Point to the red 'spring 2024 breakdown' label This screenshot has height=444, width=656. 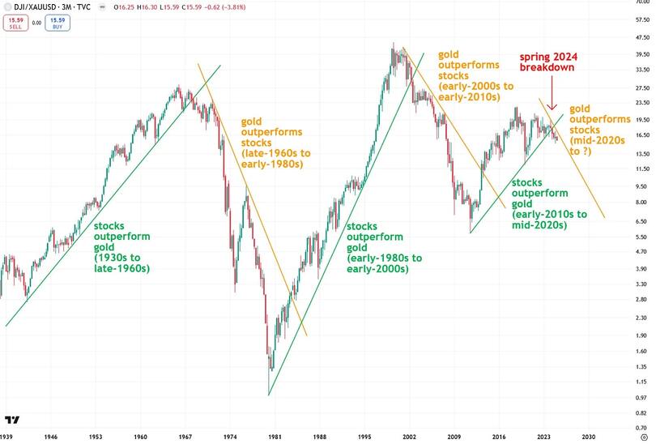[x=548, y=62]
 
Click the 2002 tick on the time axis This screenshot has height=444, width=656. [x=408, y=435]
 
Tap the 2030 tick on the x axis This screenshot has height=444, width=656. [x=589, y=435]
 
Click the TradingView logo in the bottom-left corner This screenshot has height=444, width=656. [x=11, y=420]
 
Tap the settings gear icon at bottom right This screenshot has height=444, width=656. [x=643, y=435]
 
